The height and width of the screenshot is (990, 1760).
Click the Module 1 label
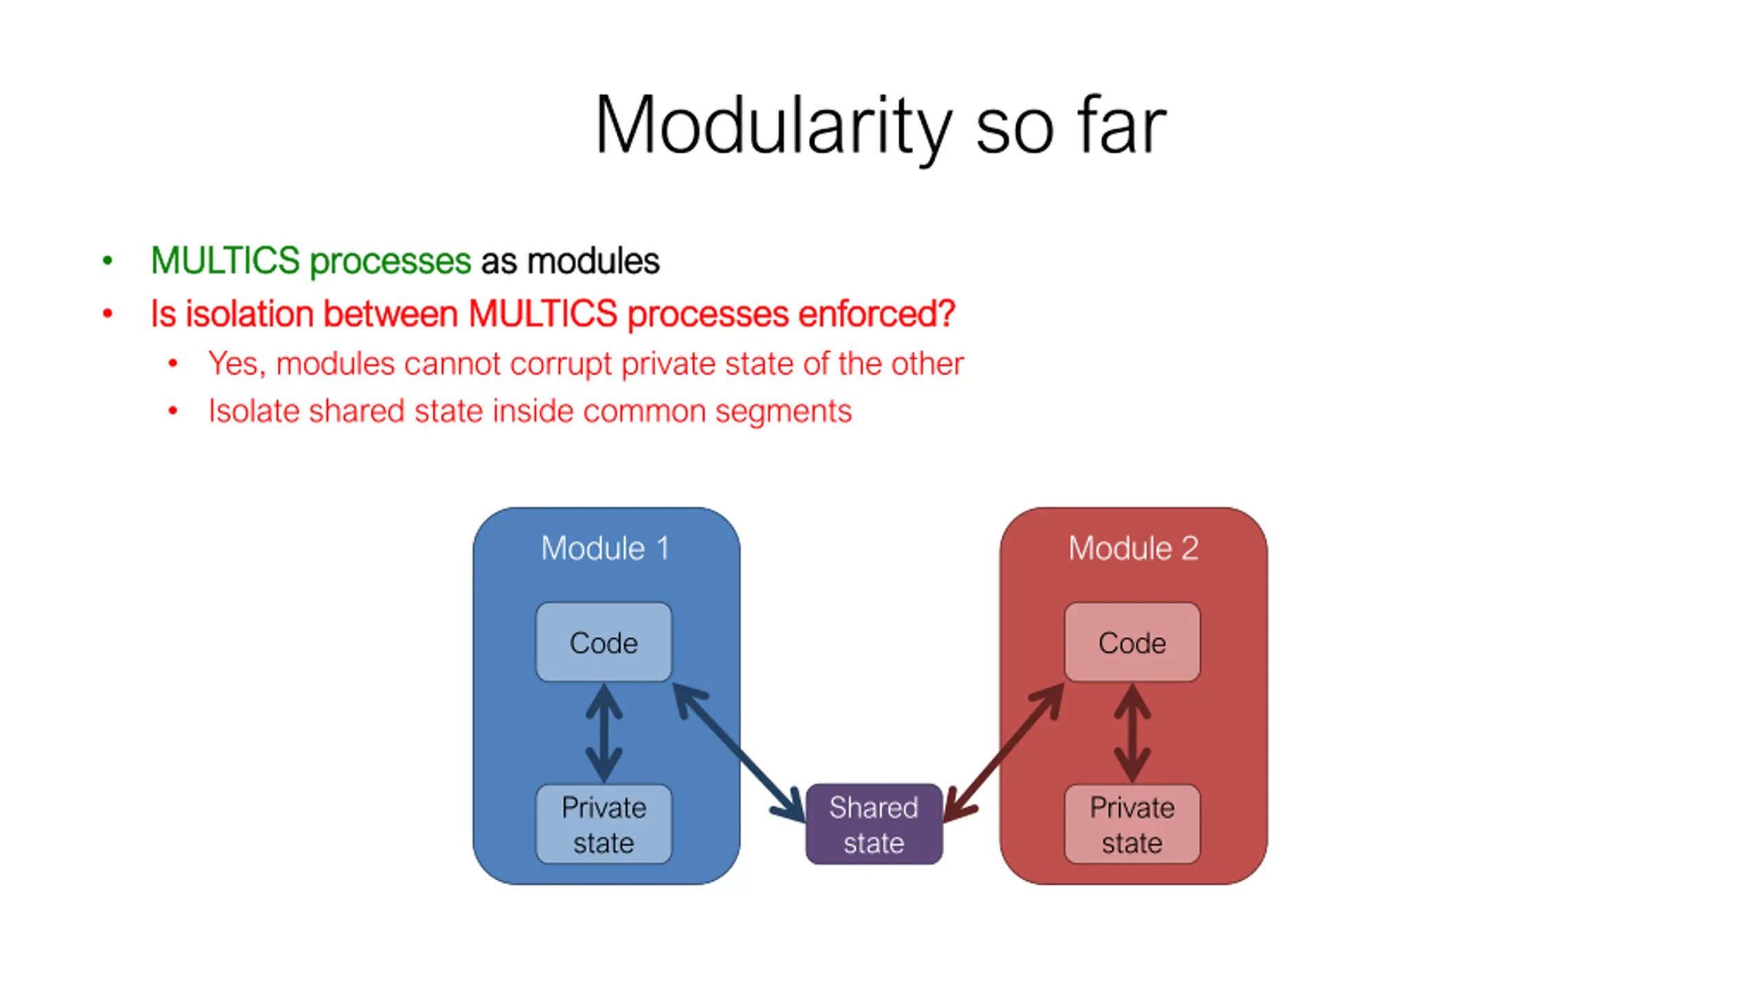(605, 549)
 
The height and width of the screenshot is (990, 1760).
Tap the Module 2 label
(1133, 549)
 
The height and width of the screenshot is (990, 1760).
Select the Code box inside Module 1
(604, 643)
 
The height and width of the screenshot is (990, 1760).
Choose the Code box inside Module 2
(1132, 643)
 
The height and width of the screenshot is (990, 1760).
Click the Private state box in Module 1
(604, 824)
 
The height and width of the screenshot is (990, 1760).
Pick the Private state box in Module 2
(1132, 824)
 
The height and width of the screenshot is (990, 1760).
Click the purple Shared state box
(874, 824)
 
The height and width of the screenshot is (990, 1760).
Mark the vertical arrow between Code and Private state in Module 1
(604, 733)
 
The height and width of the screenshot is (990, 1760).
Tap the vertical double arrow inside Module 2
(1132, 733)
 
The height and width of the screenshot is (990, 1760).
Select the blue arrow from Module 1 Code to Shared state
(739, 752)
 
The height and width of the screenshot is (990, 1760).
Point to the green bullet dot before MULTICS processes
(107, 261)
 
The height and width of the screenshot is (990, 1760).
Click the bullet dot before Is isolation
(107, 314)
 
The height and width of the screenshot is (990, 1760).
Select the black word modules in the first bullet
(593, 261)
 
